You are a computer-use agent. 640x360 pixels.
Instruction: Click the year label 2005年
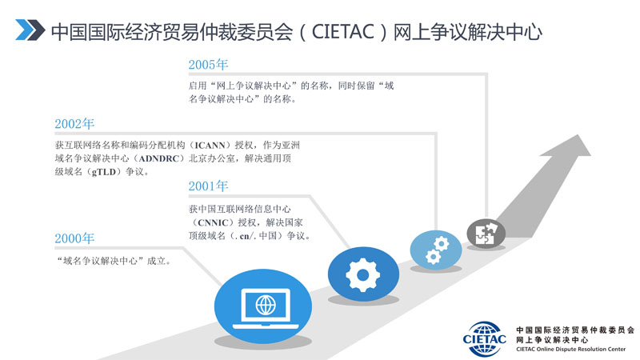pyautogui.click(x=208, y=64)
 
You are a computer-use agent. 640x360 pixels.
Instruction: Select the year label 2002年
pyautogui.click(x=74, y=124)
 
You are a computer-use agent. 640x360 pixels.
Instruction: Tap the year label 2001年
pyautogui.click(x=208, y=186)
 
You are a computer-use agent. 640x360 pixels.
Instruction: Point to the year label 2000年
pyautogui.click(x=74, y=238)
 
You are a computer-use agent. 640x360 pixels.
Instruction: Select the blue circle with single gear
pyautogui.click(x=362, y=274)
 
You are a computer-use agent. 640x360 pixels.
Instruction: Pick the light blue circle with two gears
pyautogui.click(x=436, y=249)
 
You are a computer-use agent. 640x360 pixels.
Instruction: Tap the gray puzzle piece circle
pyautogui.click(x=486, y=233)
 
